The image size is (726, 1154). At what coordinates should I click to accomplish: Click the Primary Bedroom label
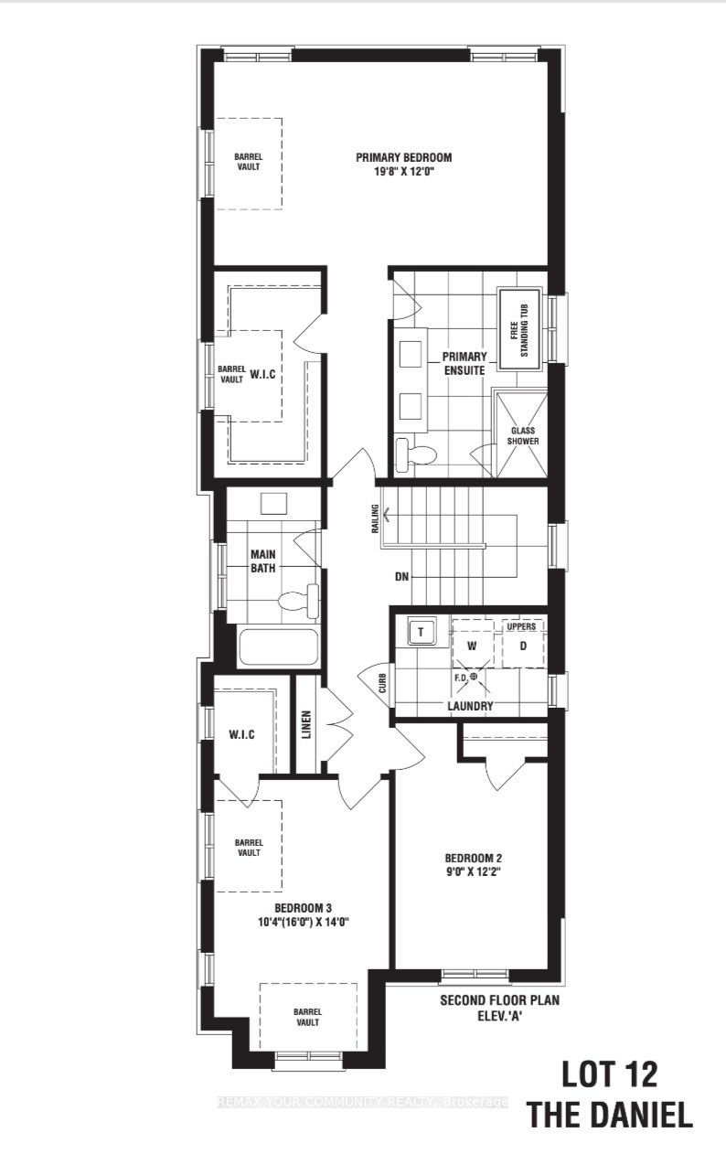tap(403, 157)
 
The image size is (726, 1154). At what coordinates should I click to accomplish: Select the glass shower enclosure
tap(523, 433)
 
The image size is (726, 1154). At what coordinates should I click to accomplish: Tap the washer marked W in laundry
tap(473, 646)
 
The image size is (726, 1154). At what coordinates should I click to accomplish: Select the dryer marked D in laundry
tap(523, 646)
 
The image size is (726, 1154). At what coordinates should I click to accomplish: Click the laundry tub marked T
tap(422, 632)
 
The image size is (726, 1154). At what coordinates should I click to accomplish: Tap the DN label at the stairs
tap(401, 577)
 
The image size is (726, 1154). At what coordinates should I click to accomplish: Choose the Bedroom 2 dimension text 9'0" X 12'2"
tap(474, 872)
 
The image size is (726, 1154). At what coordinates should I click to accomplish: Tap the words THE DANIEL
tap(609, 1115)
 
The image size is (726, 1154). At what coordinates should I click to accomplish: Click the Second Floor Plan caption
tap(498, 1000)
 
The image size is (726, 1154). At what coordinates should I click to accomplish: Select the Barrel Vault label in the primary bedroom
tap(246, 161)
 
